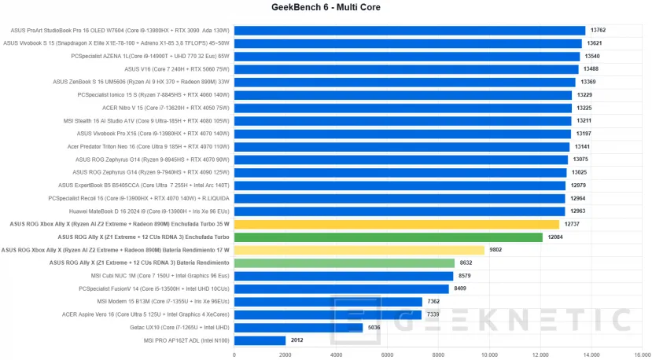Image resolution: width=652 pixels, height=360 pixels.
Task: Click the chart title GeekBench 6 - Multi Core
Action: pos(326,9)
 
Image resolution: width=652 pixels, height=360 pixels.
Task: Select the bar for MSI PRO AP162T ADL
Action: pos(260,340)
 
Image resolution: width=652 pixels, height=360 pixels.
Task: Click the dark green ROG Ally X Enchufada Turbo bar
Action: pos(388,237)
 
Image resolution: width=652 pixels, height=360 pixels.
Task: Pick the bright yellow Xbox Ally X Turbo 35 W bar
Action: pos(396,224)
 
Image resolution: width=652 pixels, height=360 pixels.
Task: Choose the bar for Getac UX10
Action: pos(298,327)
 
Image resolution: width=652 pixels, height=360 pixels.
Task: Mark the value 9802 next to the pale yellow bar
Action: pos(495,250)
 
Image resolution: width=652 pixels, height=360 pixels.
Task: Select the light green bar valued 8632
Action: pos(344,263)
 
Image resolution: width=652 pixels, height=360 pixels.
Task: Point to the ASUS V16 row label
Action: pos(177,69)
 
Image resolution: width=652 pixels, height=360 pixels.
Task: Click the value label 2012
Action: pos(297,340)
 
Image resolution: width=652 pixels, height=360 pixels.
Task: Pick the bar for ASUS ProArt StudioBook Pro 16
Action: pos(409,31)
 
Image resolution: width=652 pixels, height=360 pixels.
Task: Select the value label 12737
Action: pos(572,224)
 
